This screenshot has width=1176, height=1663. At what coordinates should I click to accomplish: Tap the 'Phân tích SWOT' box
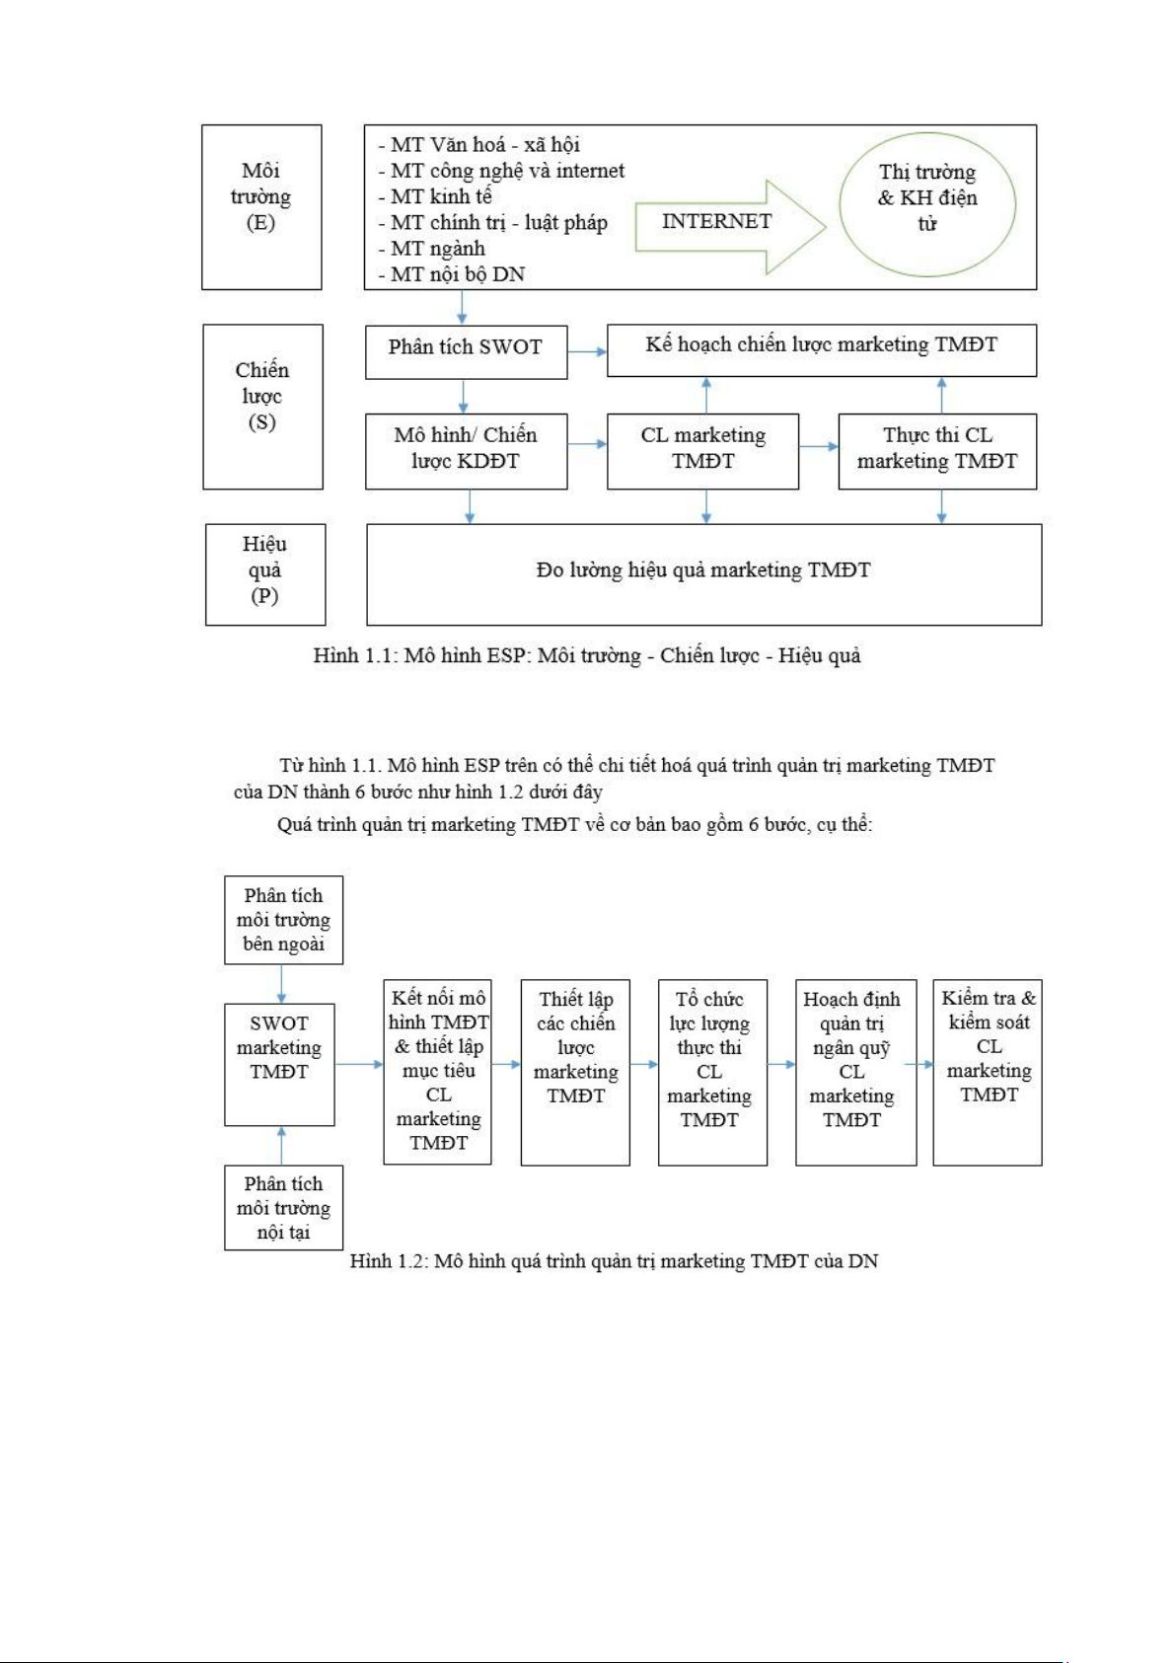click(466, 350)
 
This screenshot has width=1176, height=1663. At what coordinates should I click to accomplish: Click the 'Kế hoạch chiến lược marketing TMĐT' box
click(821, 349)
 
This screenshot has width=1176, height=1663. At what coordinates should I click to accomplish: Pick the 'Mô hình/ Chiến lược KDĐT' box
click(466, 450)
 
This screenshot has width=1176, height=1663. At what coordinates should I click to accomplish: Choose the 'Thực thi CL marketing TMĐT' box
click(936, 450)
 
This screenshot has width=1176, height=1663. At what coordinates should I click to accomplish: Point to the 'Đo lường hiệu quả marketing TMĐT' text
click(703, 570)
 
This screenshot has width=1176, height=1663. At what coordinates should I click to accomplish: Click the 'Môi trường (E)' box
click(261, 206)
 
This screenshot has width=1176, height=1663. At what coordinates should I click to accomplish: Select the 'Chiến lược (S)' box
click(262, 406)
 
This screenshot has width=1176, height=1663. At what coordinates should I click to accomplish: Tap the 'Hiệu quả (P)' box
click(264, 573)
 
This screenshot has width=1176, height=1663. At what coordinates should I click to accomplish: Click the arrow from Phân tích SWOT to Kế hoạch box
click(587, 351)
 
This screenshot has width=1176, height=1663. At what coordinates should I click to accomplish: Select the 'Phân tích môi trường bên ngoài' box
click(283, 920)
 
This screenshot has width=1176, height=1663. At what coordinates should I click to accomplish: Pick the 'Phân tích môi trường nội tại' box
click(283, 1208)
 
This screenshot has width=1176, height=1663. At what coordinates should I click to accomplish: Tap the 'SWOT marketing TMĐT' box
click(279, 1064)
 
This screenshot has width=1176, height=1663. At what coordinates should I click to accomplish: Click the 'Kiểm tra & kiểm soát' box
click(988, 1071)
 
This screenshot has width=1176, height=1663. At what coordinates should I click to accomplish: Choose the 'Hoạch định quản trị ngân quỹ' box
click(854, 1071)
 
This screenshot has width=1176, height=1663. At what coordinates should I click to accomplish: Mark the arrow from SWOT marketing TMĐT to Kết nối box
click(359, 1064)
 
